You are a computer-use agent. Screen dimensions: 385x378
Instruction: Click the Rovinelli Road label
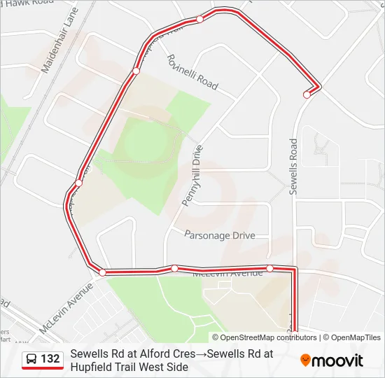192,72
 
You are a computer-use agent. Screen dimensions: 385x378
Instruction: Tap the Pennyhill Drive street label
192,175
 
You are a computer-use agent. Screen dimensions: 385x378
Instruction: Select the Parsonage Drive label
220,236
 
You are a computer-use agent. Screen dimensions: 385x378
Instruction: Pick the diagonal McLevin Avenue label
66,309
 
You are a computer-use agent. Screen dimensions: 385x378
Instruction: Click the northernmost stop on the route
199,19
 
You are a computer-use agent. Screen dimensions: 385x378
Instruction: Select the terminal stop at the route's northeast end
307,94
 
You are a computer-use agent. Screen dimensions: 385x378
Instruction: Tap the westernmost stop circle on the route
78,183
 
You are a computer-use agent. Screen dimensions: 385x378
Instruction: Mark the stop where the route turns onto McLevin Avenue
102,272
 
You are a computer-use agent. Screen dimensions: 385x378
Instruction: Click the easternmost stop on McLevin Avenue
269,268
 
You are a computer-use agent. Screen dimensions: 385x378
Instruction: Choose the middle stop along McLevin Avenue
174,268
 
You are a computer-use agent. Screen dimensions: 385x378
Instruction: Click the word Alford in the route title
155,354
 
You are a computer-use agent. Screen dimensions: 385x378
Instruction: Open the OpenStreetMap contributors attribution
268,337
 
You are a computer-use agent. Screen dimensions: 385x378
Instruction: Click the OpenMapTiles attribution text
356,337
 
